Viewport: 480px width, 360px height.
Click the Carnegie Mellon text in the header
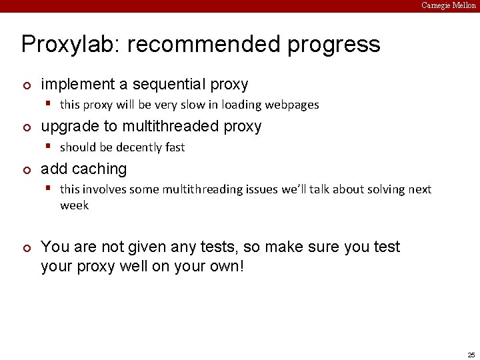pos(449,5)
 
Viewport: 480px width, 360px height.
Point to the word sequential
pos(170,85)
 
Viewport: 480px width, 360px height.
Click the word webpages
pos(292,105)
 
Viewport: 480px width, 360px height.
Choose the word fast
pos(173,147)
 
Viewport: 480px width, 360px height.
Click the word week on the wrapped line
pos(74,205)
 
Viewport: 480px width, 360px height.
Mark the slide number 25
pos(471,355)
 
